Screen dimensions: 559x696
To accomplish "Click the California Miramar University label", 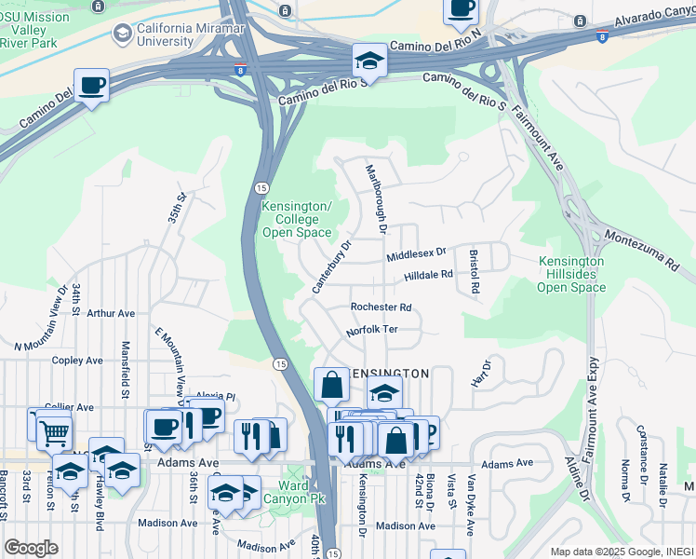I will point(166,34).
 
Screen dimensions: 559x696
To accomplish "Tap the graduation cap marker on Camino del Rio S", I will point(369,61).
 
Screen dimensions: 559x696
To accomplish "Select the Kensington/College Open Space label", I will point(297,219).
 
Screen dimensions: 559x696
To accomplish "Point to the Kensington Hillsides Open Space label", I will point(571,274).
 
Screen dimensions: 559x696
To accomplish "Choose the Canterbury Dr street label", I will point(331,268).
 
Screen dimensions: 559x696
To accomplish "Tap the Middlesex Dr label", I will point(417,252).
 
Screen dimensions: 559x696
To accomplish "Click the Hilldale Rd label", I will point(427,276).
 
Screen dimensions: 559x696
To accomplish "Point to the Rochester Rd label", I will point(381,307).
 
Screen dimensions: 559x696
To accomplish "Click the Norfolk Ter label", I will point(371,331).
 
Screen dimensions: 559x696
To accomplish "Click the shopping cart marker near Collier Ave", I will point(55,432).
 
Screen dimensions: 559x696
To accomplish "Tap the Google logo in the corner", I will point(31,548).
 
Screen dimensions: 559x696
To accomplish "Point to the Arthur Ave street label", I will point(111,314).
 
